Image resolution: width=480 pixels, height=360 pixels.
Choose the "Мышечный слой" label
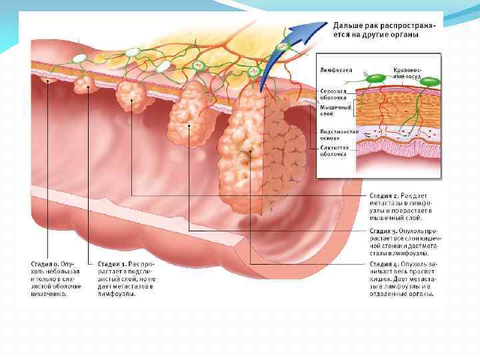pos(332,110)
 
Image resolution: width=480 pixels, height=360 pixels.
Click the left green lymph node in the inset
pos(377,79)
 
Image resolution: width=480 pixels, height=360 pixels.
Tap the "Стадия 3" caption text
pos(403,243)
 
